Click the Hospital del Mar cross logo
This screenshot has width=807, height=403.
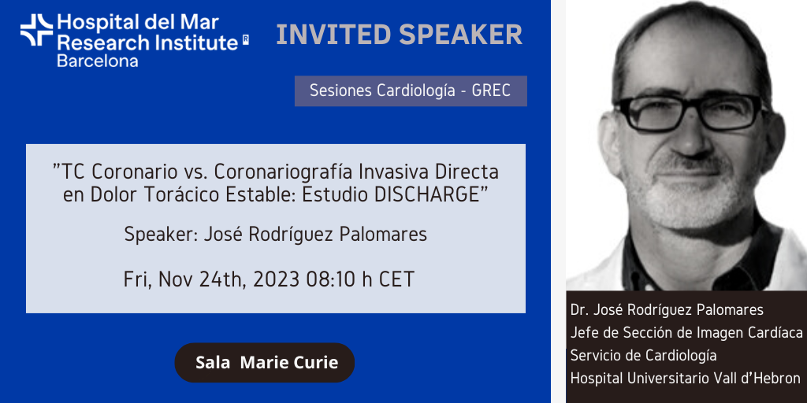click(36, 30)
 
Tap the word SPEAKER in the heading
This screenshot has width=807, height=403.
click(460, 35)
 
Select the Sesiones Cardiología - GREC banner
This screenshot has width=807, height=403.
click(411, 91)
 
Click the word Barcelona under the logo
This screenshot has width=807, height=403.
click(97, 61)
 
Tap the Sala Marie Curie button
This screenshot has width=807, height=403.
click(265, 362)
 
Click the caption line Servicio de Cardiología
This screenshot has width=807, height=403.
click(643, 355)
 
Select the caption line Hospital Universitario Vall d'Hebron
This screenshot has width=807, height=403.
click(686, 379)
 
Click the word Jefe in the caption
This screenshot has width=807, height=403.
click(582, 333)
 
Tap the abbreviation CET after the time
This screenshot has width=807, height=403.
click(396, 279)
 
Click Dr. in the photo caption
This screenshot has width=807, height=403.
click(578, 310)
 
